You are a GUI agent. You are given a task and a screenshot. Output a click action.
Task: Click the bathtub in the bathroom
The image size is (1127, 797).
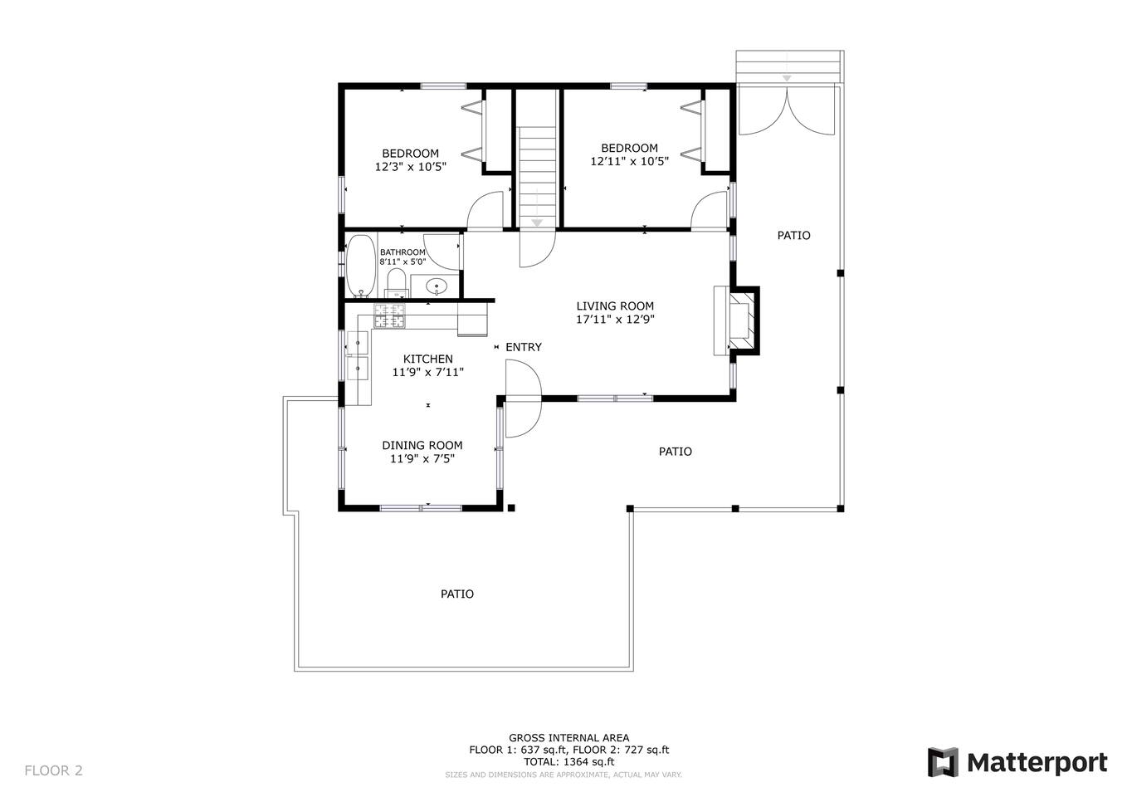click(361, 266)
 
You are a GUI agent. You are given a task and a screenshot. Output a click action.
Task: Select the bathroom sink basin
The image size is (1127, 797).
click(437, 286)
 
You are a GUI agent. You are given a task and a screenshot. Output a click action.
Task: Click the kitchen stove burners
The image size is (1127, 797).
click(389, 316)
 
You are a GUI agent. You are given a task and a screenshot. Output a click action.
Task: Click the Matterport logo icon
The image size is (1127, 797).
click(943, 762)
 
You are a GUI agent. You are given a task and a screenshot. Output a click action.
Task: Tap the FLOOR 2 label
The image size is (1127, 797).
click(53, 770)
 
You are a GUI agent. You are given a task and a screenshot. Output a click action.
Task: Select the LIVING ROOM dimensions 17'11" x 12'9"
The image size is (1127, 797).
click(615, 319)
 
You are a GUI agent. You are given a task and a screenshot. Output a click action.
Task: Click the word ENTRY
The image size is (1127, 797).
click(523, 347)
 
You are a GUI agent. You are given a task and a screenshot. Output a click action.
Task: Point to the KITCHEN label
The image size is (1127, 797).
click(427, 359)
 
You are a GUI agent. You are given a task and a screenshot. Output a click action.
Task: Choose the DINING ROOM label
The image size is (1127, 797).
click(422, 445)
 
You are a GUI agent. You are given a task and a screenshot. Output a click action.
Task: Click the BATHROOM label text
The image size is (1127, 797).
click(402, 252)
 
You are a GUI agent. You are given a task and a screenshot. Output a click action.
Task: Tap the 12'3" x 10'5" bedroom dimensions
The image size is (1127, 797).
click(411, 167)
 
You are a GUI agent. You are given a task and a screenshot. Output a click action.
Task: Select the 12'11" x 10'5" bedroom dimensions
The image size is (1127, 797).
click(629, 161)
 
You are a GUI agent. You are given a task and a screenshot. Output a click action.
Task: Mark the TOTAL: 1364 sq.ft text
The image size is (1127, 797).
click(569, 762)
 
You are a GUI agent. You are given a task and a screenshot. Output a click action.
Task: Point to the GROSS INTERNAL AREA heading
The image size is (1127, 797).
click(569, 737)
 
